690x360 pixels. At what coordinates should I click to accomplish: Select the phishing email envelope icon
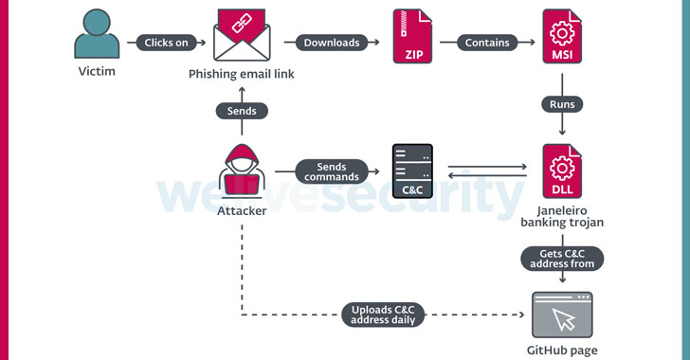tap(242, 35)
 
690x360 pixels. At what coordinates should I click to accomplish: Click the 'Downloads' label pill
tap(332, 43)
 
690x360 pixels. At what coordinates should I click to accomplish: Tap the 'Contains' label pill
tap(487, 43)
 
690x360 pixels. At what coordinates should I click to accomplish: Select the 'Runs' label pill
tap(561, 104)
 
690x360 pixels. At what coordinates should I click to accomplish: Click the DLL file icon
tap(561, 171)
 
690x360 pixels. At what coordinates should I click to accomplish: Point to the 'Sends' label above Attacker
tap(242, 111)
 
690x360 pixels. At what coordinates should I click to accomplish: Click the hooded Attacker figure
tap(242, 171)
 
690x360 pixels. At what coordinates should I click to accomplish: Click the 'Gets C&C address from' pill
tap(561, 257)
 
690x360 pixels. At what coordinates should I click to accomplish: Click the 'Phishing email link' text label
tap(242, 74)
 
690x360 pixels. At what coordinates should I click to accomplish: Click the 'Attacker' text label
tap(242, 210)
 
